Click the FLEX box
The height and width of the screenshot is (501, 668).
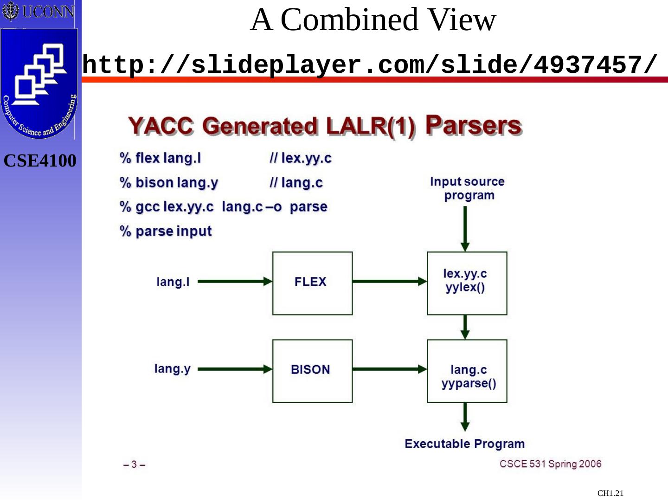click(312, 283)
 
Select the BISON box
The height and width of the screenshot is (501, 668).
click(312, 371)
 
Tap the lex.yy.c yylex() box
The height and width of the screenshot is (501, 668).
click(467, 283)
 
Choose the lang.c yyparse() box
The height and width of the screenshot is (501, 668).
click(467, 371)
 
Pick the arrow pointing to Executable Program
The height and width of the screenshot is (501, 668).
click(465, 417)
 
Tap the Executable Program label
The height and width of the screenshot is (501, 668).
click(464, 444)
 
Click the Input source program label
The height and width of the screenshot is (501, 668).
click(467, 188)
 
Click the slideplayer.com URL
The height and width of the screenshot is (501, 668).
click(370, 64)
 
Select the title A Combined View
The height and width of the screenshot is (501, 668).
click(373, 20)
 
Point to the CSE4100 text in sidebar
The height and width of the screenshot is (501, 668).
click(40, 161)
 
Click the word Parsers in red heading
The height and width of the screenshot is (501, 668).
click(473, 125)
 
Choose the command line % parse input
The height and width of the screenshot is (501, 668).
click(166, 231)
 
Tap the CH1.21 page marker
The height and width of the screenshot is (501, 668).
click(610, 493)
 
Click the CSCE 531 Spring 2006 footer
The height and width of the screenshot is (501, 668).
click(550, 464)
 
